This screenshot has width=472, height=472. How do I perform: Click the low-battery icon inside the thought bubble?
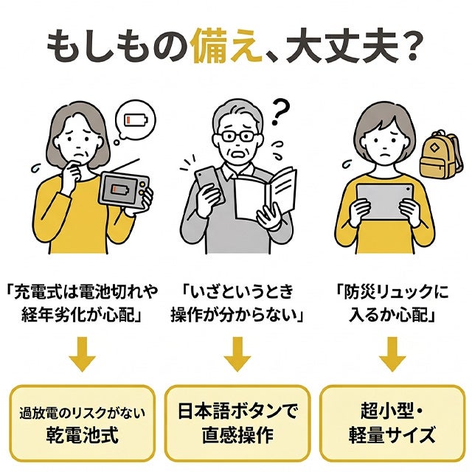pos(136,120)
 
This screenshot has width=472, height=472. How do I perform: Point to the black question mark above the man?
pos(280,113)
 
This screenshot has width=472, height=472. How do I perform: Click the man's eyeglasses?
pos(237,136)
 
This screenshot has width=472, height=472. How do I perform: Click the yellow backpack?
pos(440,156)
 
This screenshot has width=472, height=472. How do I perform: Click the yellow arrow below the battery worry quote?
pos(82,354)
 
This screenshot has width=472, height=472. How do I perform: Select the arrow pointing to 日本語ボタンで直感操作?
pos(237,354)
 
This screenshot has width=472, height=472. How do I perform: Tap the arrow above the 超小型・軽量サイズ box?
pos(392,354)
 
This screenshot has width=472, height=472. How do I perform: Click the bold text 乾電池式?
pos(82,435)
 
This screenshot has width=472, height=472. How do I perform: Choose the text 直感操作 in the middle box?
pos(237,435)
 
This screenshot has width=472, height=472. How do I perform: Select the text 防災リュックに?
pos(396,291)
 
